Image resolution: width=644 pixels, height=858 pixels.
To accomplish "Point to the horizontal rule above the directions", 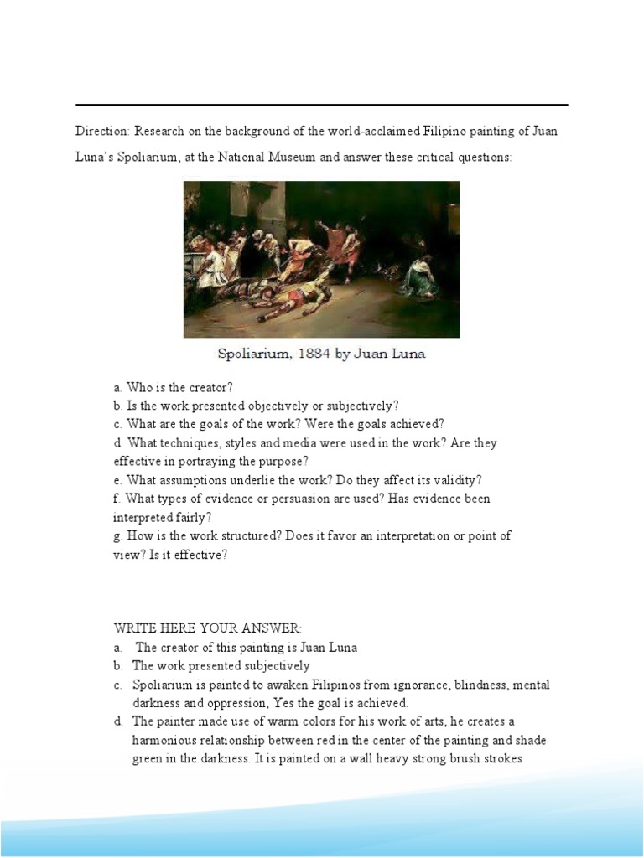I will click(322, 106).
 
